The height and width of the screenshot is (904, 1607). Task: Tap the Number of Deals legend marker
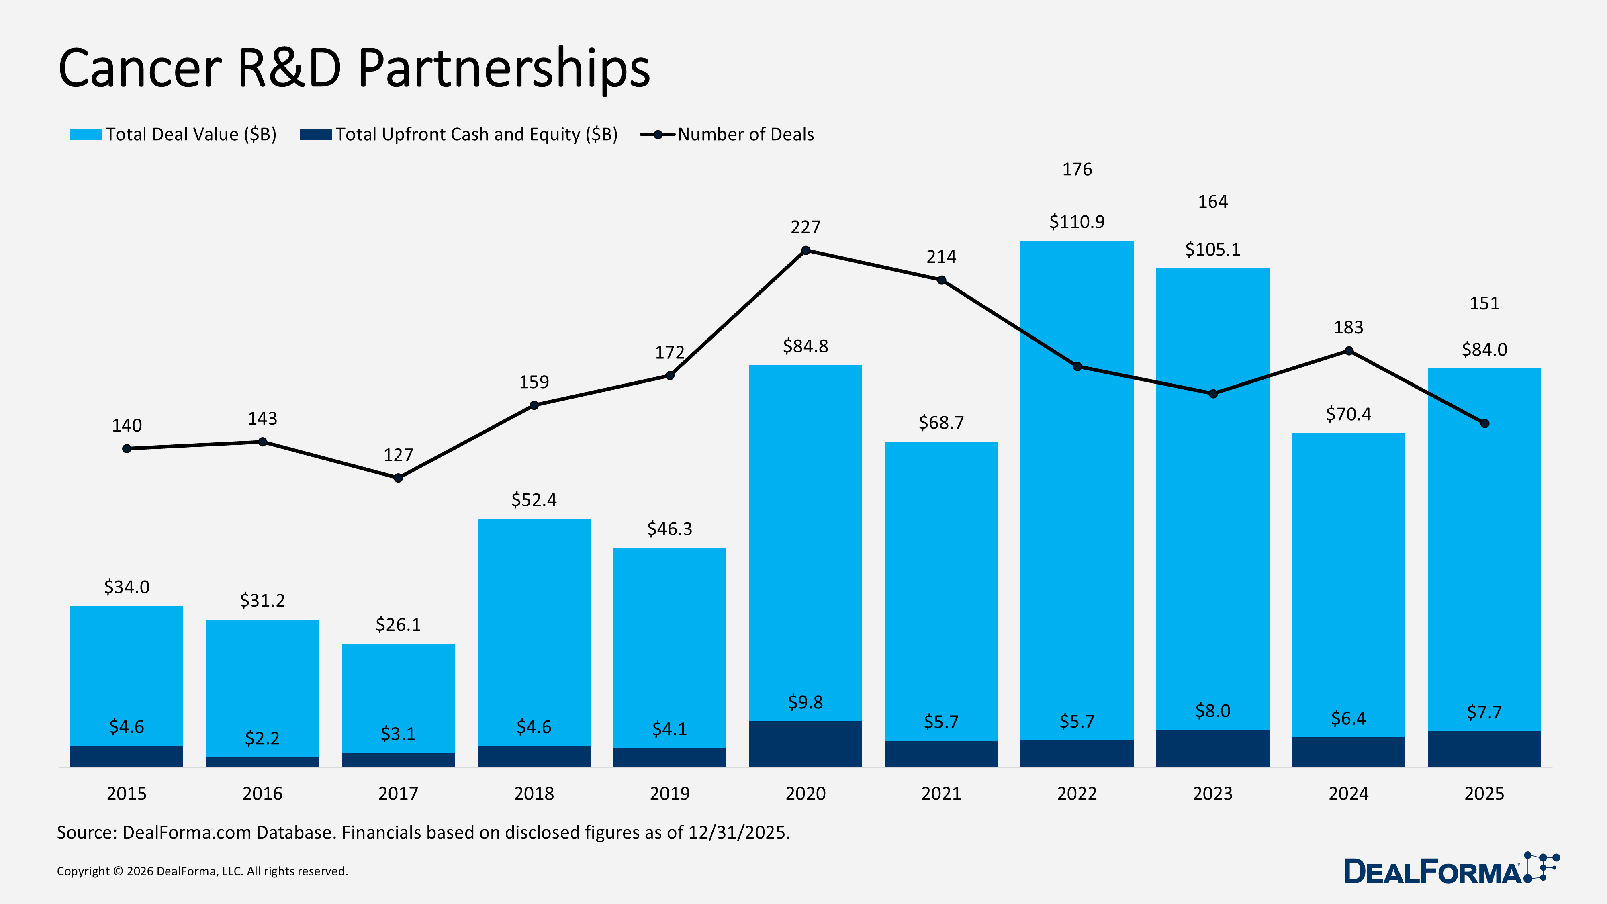[658, 134]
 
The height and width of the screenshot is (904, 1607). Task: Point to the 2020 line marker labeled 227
[806, 250]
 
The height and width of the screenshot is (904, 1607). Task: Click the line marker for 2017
[398, 478]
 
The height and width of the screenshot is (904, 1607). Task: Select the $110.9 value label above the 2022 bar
[1077, 221]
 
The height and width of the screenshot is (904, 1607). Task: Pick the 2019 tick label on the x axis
[669, 794]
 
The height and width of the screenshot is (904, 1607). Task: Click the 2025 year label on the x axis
[1484, 794]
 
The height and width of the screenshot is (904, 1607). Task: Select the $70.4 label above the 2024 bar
[1348, 414]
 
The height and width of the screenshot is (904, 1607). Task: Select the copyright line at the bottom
[202, 871]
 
